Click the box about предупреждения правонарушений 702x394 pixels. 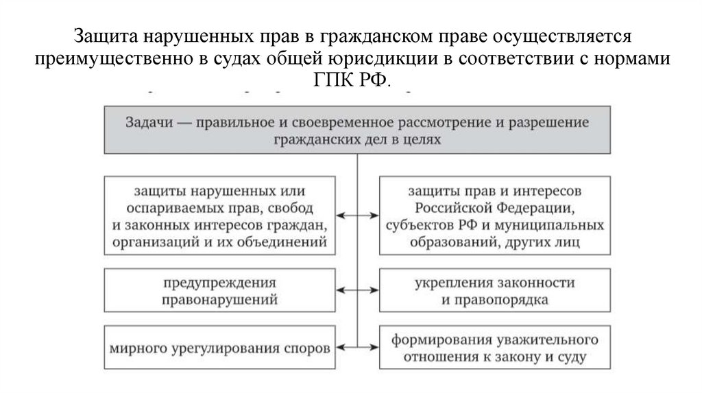click(x=220, y=291)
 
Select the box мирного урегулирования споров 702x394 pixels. click(x=220, y=347)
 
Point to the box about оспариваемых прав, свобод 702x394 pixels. click(x=220, y=216)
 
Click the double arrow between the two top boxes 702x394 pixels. click(x=357, y=216)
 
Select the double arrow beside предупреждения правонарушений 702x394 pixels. click(x=357, y=291)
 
